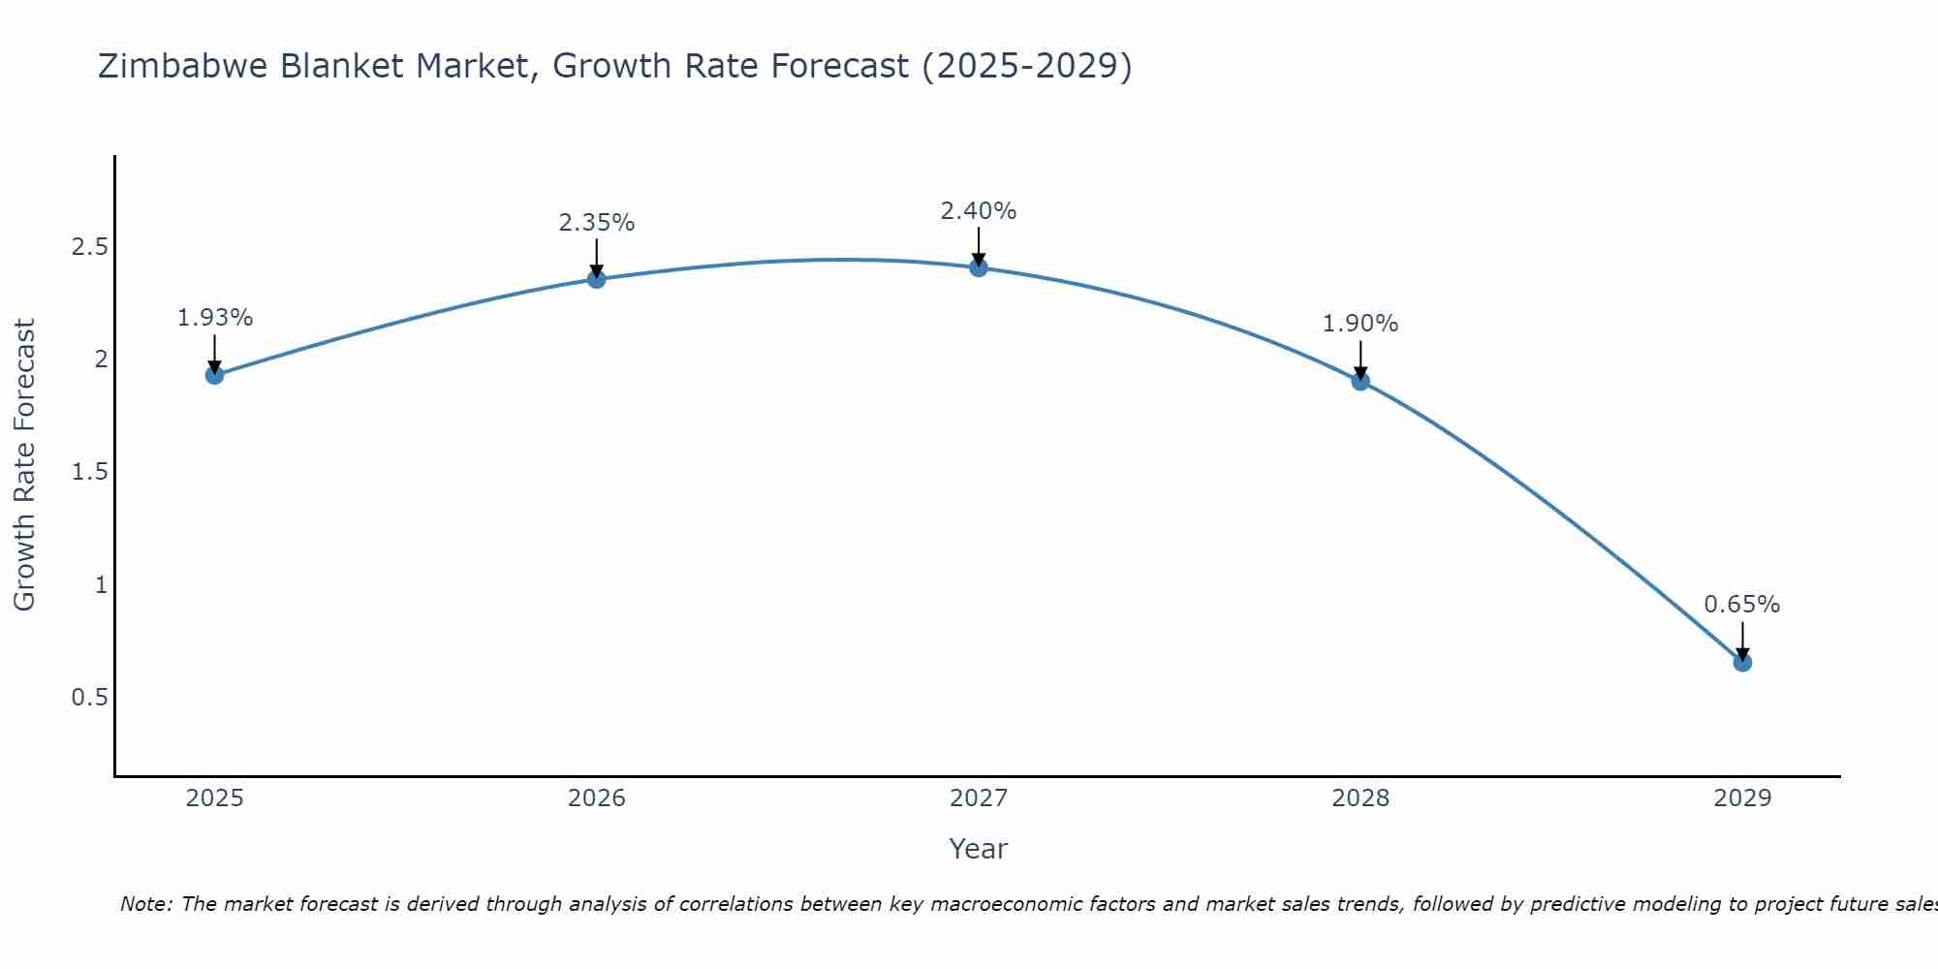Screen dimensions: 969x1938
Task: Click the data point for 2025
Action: pos(215,375)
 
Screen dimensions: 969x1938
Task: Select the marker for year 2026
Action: pos(597,279)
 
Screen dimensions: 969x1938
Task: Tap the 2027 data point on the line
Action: pos(979,267)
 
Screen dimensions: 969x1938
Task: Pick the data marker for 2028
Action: pos(1360,381)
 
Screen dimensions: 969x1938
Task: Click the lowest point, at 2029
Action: pos(1742,663)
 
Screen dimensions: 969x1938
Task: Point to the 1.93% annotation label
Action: pos(215,318)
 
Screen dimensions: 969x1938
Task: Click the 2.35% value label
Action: pos(597,223)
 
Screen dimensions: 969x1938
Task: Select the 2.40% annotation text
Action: pos(979,211)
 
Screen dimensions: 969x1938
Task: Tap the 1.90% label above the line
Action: pos(1360,324)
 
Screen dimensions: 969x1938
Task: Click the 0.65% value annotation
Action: pos(1742,605)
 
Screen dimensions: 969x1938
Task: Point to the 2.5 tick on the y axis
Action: pos(90,247)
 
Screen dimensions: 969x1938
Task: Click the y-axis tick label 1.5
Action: pos(90,472)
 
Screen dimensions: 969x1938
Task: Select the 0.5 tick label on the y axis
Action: pos(90,698)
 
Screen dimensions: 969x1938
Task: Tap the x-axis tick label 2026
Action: pos(597,798)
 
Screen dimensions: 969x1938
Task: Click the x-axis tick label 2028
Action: pos(1360,798)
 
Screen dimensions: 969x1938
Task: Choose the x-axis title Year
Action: pos(979,849)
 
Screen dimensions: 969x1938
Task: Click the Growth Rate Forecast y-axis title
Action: pos(25,465)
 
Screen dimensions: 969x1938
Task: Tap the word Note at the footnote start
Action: pos(145,904)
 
